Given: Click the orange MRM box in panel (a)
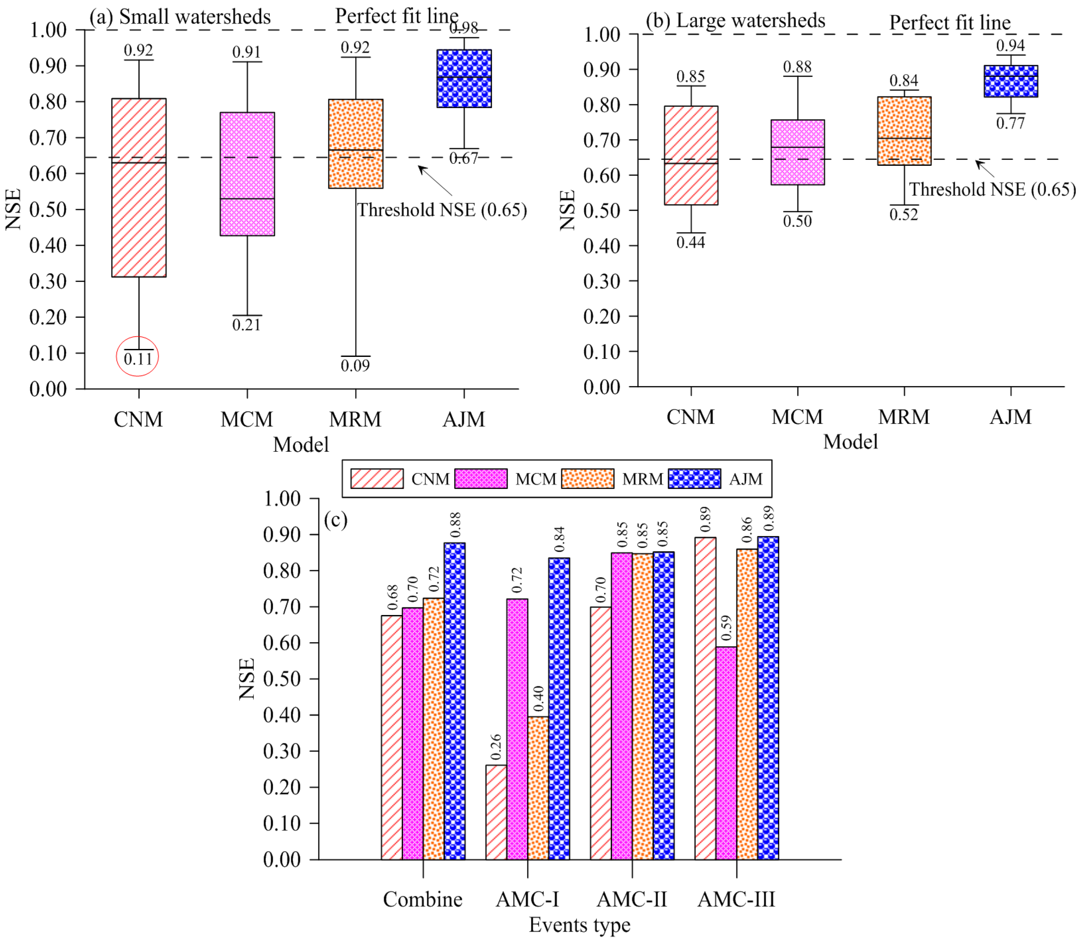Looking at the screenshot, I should click(x=355, y=143).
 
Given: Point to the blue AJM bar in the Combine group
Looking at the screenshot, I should click(x=454, y=701).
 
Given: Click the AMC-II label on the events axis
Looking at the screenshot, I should click(x=632, y=899).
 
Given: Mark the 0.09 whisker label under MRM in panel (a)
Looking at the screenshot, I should click(x=355, y=366).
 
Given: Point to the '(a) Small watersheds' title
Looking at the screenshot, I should click(x=180, y=17).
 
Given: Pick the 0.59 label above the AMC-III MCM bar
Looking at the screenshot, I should click(x=727, y=628).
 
